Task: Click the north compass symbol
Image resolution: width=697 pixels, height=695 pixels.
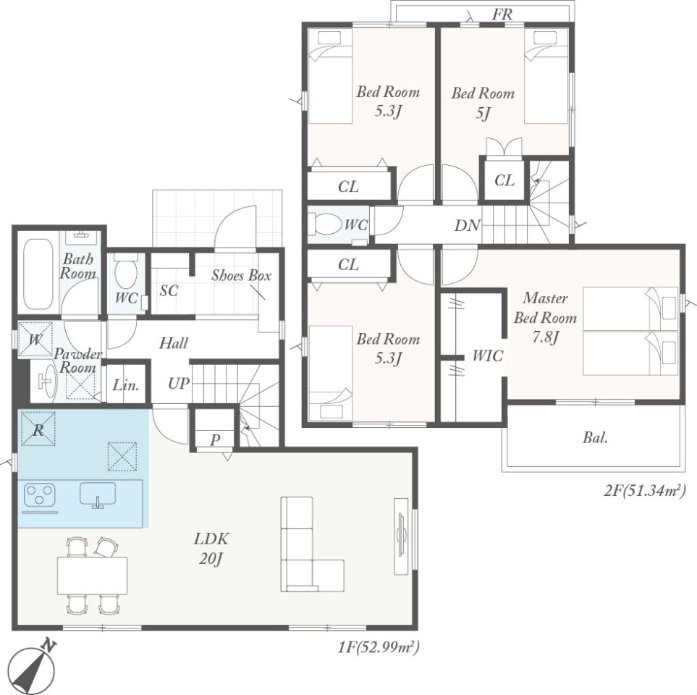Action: [x=32, y=665]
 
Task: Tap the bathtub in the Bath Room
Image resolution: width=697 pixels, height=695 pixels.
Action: [x=38, y=274]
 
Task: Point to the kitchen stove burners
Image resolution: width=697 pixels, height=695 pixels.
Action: [x=39, y=494]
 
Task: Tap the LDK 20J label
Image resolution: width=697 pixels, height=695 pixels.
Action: [x=211, y=548]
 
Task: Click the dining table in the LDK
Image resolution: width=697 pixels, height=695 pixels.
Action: [x=92, y=575]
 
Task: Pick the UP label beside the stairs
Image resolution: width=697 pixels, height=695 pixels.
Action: [x=179, y=383]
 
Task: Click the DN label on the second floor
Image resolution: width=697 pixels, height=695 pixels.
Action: [x=467, y=225]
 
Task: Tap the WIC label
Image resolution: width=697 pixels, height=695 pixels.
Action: [x=488, y=355]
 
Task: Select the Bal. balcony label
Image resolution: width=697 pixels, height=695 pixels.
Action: [x=595, y=438]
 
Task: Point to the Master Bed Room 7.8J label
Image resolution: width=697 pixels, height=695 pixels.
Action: [x=546, y=318]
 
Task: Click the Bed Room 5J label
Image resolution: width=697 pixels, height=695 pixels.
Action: [x=483, y=103]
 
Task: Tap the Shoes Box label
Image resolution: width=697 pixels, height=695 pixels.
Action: [x=241, y=275]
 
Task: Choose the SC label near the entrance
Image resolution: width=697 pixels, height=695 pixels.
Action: [x=169, y=290]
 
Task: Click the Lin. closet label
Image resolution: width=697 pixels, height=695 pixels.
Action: [x=126, y=384]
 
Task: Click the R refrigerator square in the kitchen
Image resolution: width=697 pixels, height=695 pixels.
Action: [x=38, y=429]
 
